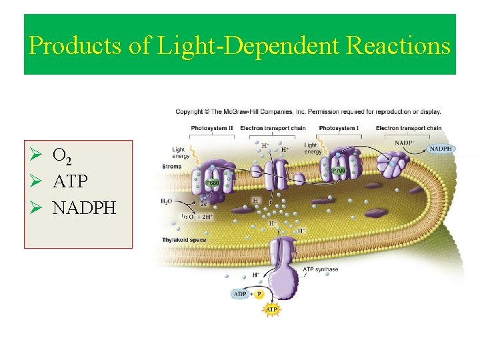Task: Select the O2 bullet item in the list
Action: coord(63,157)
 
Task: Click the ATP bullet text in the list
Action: coord(70,182)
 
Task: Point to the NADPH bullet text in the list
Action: coord(84,208)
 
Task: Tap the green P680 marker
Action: coord(212,182)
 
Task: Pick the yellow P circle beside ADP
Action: coord(259,294)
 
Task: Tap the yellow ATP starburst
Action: coord(272,310)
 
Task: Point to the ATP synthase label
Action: coord(321,269)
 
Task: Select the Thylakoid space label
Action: coord(184,240)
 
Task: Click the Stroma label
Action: coord(171,166)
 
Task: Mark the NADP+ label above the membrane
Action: coord(403,143)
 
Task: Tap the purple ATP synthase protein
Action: coord(282,267)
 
